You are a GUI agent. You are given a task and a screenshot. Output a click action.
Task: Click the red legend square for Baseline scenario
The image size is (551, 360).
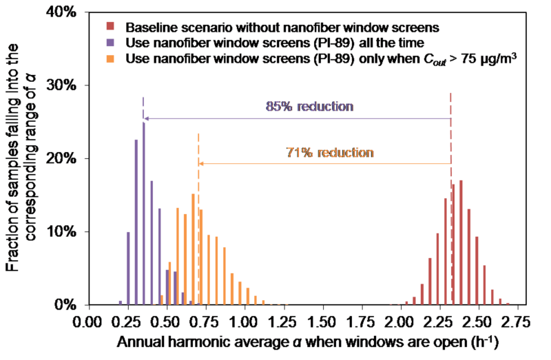tap(110, 28)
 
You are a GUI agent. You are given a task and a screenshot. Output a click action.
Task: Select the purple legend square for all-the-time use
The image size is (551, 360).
tap(110, 43)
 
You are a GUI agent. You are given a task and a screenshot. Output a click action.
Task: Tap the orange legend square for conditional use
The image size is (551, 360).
tap(110, 59)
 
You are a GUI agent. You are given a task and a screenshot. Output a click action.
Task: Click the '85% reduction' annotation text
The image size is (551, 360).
tap(309, 107)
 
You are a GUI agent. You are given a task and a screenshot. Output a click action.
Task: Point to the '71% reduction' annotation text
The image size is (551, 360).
tap(330, 152)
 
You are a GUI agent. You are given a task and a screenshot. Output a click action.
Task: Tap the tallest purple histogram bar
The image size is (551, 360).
tap(144, 213)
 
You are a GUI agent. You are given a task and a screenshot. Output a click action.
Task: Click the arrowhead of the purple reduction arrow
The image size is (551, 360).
tap(147, 118)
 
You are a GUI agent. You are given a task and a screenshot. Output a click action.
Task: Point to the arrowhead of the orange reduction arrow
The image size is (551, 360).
tap(202, 163)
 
